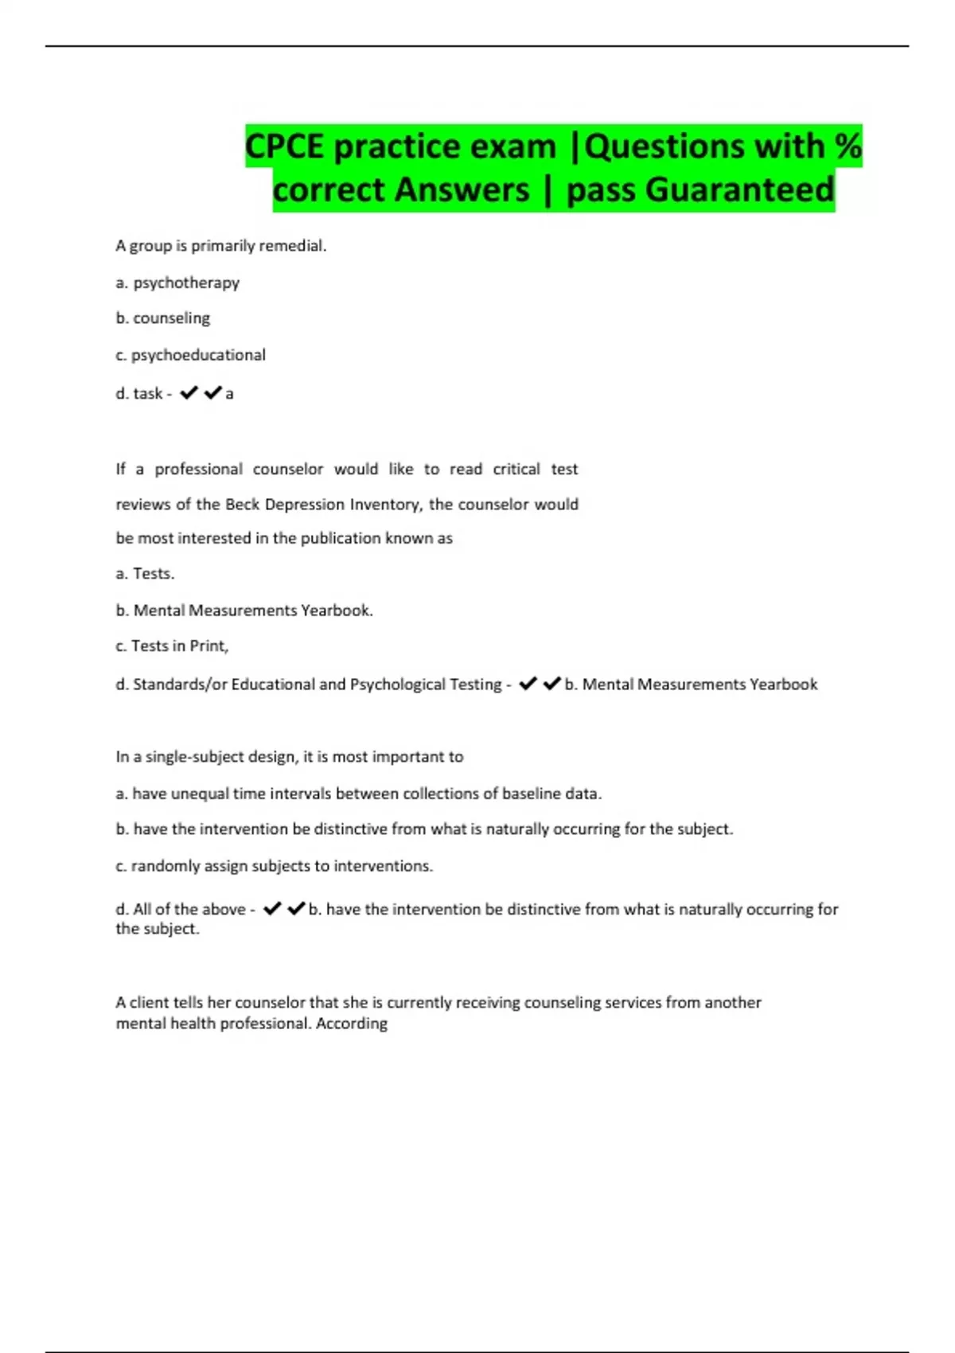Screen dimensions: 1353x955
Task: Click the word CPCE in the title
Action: [x=285, y=146]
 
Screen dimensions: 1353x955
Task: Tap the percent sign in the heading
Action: [x=848, y=146]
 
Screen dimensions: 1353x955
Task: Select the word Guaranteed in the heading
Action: [x=739, y=189]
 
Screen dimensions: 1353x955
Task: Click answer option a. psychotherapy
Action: [x=177, y=283]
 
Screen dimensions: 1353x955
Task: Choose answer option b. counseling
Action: [x=163, y=318]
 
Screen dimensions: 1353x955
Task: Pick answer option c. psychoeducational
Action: [x=190, y=355]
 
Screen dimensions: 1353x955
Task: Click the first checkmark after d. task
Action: [x=189, y=393]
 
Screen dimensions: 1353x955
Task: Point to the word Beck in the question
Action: [x=242, y=505]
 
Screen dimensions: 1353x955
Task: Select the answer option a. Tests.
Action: [x=145, y=574]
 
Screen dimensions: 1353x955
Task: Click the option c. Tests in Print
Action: [x=172, y=646]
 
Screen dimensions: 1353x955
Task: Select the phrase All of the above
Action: [x=189, y=909]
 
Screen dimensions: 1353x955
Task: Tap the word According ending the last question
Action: [x=351, y=1024]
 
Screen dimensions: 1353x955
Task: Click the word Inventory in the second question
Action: [x=383, y=505]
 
